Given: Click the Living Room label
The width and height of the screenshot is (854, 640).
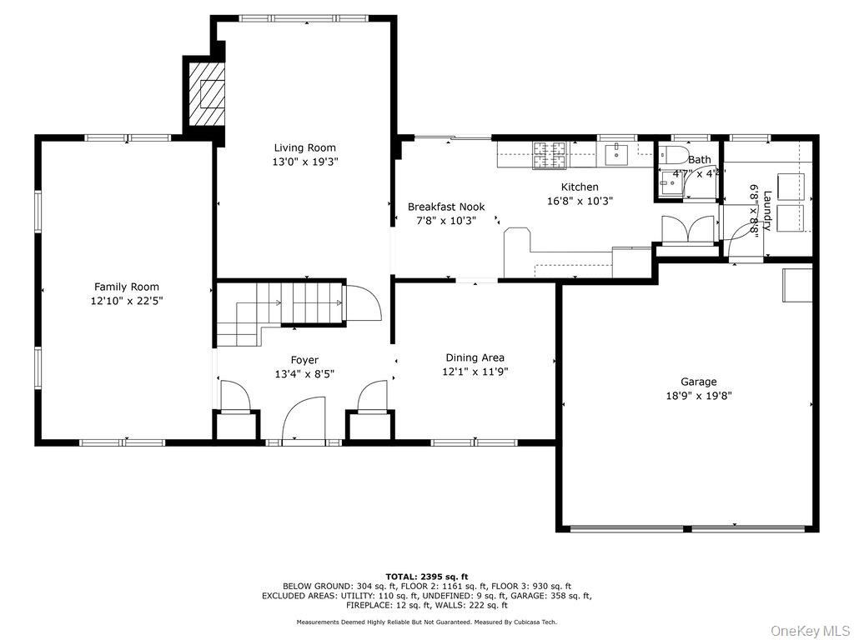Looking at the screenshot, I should [x=304, y=148].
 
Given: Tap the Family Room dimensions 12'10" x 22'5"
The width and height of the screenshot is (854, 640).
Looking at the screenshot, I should [x=126, y=301].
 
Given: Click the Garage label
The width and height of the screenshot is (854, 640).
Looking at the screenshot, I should [x=698, y=382].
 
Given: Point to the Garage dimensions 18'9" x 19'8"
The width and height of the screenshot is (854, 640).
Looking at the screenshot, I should [x=698, y=396].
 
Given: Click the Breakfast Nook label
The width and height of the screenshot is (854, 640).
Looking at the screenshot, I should [x=445, y=207].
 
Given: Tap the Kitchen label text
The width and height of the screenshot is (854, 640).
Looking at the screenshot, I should [x=579, y=187].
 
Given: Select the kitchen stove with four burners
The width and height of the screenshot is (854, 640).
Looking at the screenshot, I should [x=549, y=154].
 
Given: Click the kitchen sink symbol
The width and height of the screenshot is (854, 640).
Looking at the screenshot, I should [x=616, y=153].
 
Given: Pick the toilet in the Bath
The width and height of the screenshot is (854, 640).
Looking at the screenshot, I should [x=671, y=156].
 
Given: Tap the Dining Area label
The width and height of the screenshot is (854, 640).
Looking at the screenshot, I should [x=475, y=357].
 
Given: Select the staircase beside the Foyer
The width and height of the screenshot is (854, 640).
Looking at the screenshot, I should [x=284, y=312].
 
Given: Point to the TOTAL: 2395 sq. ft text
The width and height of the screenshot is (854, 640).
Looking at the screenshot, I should [x=426, y=577].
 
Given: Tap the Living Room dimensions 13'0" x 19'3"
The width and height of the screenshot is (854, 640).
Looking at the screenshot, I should [x=304, y=162].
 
